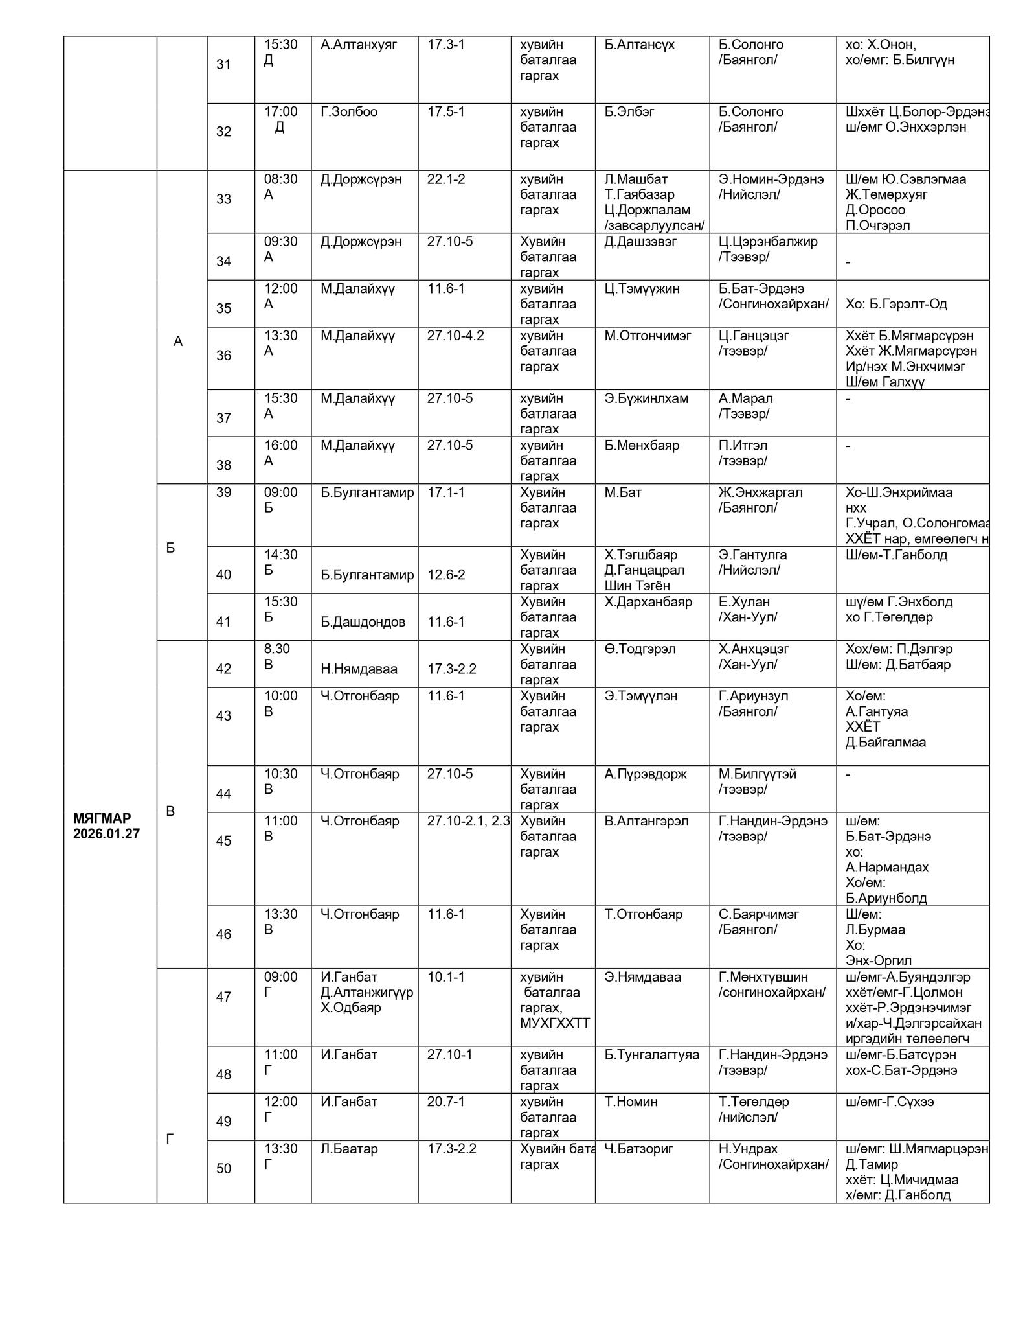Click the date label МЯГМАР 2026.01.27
[x=106, y=825]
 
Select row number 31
[x=223, y=64]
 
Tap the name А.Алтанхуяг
[x=359, y=45]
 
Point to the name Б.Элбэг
[x=629, y=111]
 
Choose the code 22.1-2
[x=445, y=179]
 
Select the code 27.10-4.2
[x=455, y=336]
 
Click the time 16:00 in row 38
[x=280, y=445]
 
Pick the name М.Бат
[x=623, y=492]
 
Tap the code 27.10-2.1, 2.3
[x=468, y=821]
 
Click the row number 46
[x=223, y=934]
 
